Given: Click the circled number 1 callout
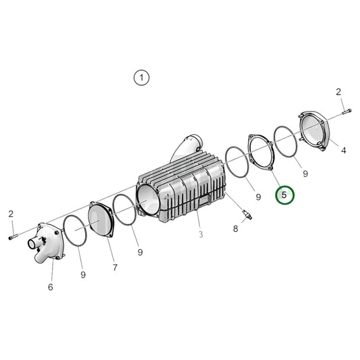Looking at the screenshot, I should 141,78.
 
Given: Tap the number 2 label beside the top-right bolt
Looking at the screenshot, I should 338,91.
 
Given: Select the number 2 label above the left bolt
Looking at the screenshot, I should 11,214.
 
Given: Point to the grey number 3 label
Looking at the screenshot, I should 200,234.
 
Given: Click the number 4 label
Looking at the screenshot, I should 343,150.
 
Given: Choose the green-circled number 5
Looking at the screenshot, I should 284,195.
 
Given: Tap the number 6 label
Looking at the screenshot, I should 50,287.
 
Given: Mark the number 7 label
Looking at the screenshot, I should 115,267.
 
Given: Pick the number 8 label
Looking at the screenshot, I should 236,229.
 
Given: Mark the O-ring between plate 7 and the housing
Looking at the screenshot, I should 124,210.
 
